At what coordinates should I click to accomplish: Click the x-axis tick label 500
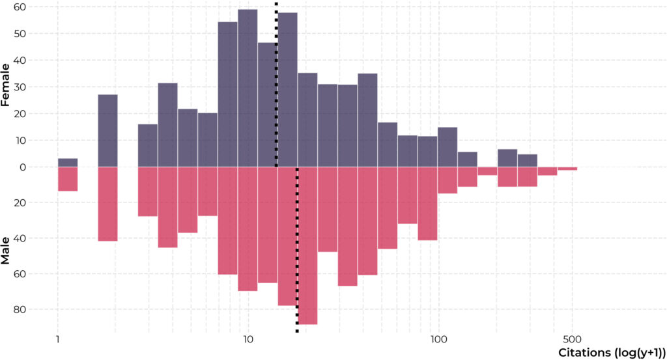[x=572, y=340]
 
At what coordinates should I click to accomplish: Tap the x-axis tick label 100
[x=438, y=340]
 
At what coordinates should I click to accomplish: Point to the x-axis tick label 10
[x=248, y=340]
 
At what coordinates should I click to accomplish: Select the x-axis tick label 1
[x=57, y=340]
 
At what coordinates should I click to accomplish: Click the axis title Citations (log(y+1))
[x=612, y=353]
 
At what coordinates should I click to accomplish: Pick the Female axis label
[x=5, y=85]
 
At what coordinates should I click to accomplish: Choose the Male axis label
[x=5, y=251]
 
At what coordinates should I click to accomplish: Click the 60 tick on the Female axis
[x=20, y=7]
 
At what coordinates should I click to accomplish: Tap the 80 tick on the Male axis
[x=20, y=309]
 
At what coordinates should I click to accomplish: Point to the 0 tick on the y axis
[x=23, y=167]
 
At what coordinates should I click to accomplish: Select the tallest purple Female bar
[x=248, y=88]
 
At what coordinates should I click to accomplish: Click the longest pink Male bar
[x=307, y=245]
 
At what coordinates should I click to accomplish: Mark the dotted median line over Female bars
[x=276, y=85]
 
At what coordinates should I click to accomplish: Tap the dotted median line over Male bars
[x=297, y=249]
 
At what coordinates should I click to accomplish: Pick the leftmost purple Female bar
[x=68, y=163]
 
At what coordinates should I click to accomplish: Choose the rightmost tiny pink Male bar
[x=567, y=169]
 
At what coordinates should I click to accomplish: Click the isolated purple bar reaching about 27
[x=107, y=131]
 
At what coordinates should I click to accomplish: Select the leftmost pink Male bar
[x=68, y=179]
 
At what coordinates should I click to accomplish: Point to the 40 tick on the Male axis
[x=20, y=238]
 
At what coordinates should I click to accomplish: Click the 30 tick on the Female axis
[x=20, y=87]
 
